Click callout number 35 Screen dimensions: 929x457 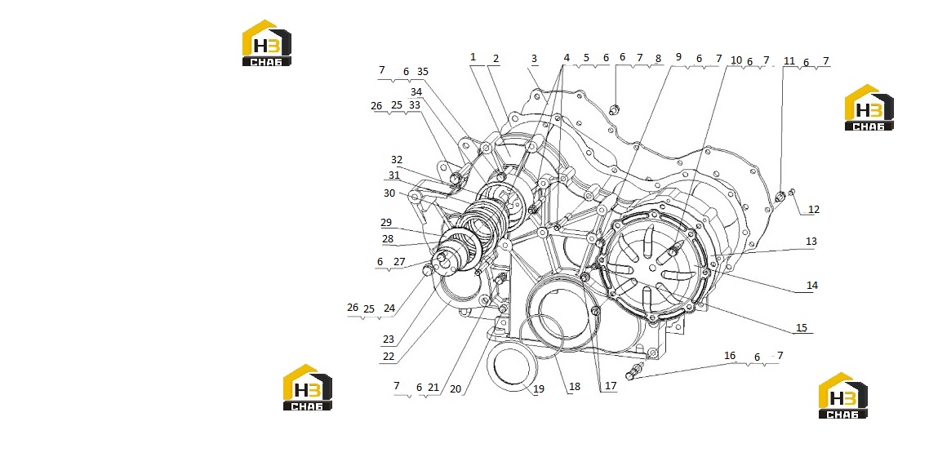pos(422,72)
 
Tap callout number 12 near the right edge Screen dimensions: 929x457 pos(813,210)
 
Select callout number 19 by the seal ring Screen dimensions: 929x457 pos(538,389)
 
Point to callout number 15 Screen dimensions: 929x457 pos(801,327)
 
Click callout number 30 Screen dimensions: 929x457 pos(389,193)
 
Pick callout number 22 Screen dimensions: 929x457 pos(388,357)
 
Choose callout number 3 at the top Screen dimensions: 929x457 pos(534,59)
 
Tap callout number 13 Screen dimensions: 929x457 pos(811,241)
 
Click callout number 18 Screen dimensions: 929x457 pos(574,387)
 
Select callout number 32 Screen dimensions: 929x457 pos(397,160)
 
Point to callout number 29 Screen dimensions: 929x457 pos(386,223)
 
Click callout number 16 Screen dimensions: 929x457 pos(730,356)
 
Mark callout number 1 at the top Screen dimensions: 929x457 pos(473,57)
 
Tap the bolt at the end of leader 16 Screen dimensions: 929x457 pos(634,372)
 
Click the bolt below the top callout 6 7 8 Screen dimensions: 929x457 pos(615,109)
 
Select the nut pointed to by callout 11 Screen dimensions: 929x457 pos(780,196)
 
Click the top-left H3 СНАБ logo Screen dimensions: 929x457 pos(267,42)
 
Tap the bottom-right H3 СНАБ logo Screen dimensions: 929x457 pos(842,396)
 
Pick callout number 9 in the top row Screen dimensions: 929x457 pos(678,57)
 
